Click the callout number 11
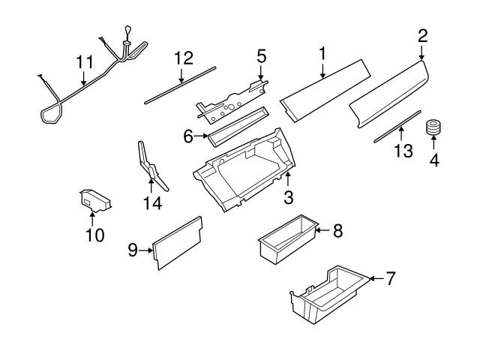(83, 62)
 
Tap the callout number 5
(261, 55)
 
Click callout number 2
(422, 34)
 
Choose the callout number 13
(403, 151)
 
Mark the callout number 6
(188, 136)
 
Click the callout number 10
(94, 235)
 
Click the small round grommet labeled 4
(433, 129)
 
